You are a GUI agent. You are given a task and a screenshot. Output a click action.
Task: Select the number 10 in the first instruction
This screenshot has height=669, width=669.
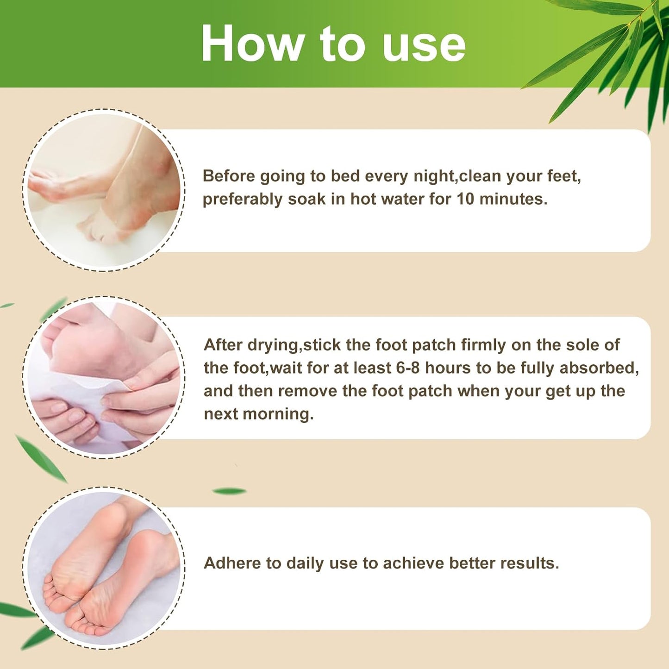pos(465,199)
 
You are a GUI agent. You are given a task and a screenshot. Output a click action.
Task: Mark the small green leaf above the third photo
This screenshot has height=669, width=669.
pos(229,491)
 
